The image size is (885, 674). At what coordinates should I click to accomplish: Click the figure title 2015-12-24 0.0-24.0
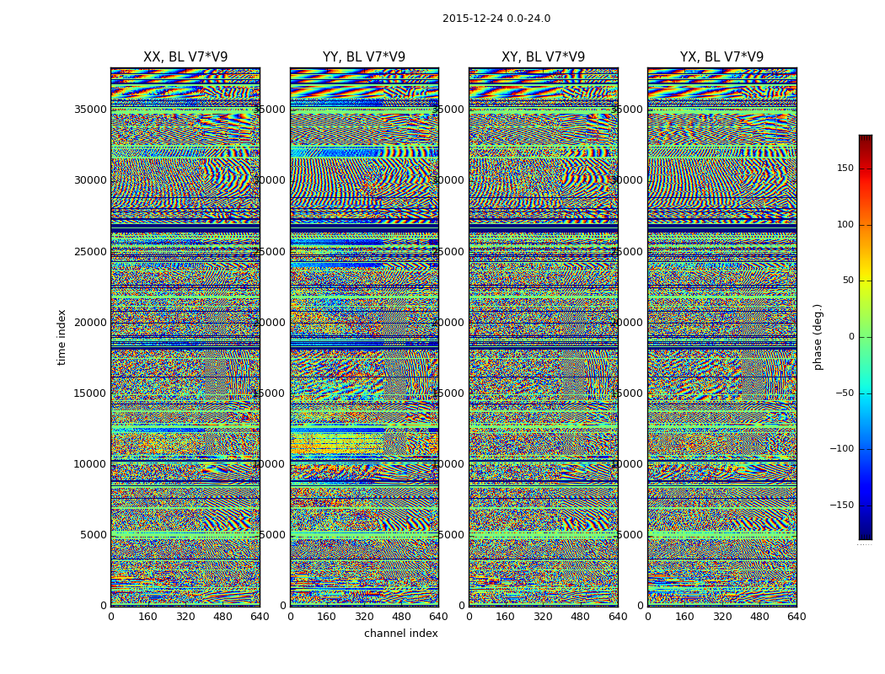[x=496, y=19]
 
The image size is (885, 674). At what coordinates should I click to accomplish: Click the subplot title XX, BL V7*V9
[x=185, y=57]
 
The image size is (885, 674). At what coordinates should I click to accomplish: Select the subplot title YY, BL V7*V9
[x=364, y=57]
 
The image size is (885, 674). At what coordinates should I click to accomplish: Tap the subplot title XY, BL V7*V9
[x=543, y=57]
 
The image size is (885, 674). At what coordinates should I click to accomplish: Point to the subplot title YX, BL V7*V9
[x=721, y=57]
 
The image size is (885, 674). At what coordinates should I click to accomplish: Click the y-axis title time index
[x=62, y=336]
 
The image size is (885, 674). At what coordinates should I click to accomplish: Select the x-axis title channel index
[x=400, y=634]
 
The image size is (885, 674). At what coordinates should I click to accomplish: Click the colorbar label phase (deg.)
[x=818, y=336]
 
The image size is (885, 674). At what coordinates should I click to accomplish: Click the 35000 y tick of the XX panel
[x=91, y=109]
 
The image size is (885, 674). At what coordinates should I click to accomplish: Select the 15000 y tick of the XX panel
[x=91, y=393]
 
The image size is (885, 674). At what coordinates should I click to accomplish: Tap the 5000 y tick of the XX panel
[x=94, y=534]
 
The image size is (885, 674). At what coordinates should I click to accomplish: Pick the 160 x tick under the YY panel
[x=327, y=617]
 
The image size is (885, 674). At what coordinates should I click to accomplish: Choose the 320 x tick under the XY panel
[x=543, y=617]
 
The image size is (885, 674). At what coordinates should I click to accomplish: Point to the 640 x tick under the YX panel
[x=796, y=617]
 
